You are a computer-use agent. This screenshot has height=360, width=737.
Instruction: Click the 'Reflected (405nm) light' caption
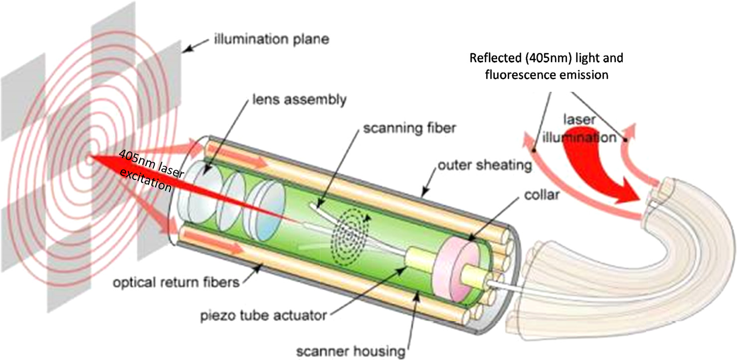(x=547, y=58)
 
